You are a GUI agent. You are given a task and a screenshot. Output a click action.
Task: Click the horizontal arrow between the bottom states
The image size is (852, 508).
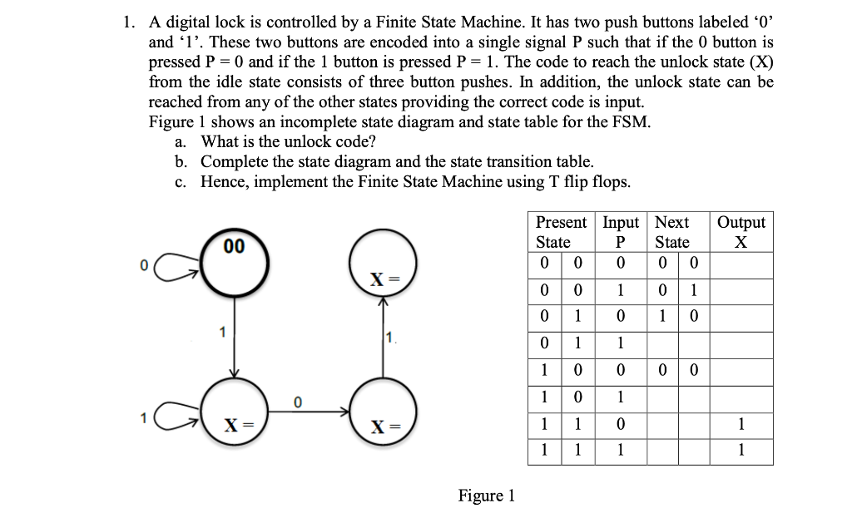tap(308, 410)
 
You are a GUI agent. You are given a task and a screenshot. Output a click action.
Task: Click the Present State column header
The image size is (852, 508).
tap(561, 232)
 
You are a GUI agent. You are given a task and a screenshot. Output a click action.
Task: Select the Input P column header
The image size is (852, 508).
tap(620, 232)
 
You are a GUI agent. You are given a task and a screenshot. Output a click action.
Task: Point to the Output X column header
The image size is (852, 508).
tap(741, 232)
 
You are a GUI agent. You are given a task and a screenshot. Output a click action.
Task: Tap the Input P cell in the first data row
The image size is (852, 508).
tap(620, 264)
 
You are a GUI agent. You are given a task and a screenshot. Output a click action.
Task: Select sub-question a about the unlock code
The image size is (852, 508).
tap(287, 141)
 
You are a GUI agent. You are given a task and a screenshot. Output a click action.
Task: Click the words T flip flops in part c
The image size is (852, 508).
tap(572, 181)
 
